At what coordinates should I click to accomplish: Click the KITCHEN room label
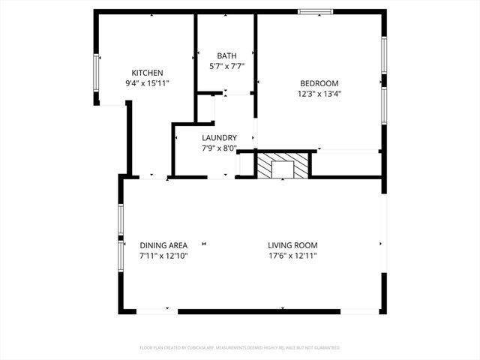[147, 73]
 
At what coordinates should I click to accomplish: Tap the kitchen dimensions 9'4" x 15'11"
[147, 83]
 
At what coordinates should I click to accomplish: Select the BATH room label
[226, 56]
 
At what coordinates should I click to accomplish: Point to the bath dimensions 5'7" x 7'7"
[226, 67]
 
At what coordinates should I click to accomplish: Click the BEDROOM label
[319, 83]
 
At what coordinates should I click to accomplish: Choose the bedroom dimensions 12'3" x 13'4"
[319, 94]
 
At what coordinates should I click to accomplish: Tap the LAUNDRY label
[220, 138]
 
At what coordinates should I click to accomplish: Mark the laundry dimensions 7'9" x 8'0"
[220, 148]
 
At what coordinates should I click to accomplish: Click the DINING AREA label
[163, 245]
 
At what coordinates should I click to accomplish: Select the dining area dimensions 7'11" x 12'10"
[163, 256]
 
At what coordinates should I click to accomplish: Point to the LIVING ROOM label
[293, 245]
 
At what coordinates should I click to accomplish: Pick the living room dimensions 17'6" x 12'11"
[293, 256]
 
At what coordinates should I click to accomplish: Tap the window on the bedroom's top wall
[315, 11]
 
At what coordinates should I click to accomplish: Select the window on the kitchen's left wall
[96, 73]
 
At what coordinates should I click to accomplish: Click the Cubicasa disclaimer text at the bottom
[240, 348]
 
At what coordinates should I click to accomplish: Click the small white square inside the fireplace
[283, 169]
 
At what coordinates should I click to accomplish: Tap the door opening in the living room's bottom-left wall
[157, 310]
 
